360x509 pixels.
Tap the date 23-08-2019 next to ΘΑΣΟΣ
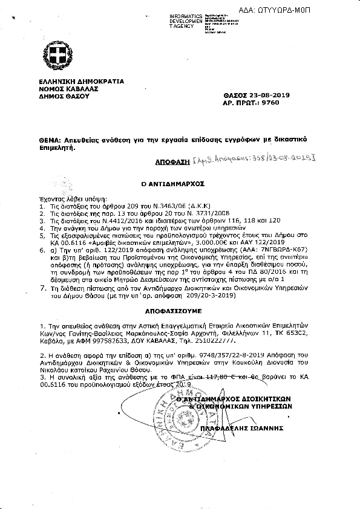click(x=261, y=96)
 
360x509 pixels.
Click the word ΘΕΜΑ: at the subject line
click(x=46, y=139)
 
